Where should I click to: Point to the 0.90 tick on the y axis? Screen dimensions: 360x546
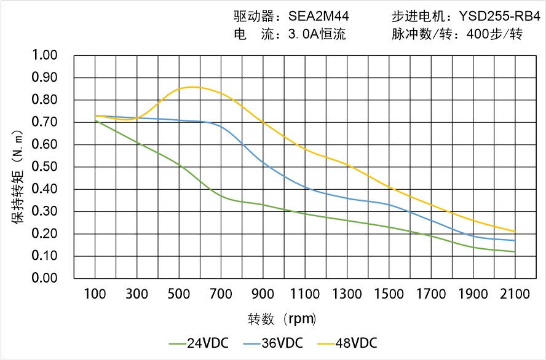44,78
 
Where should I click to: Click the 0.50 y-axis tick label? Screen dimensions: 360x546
44,167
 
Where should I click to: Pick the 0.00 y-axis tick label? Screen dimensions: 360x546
44,278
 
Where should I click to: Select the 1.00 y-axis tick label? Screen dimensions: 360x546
44,56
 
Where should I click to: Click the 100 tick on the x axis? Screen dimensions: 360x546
95,294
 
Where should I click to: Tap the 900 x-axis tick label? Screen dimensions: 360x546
263,294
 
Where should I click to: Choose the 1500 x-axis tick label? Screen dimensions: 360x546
389,294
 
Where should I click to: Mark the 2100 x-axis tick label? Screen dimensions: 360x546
515,294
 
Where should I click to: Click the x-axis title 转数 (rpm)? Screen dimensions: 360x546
282,319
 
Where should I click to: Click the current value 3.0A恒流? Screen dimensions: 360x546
317,34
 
